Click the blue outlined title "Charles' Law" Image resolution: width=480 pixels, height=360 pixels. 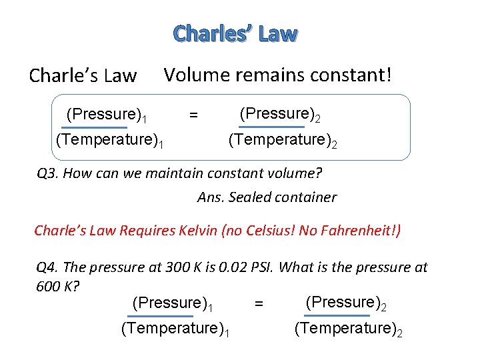pyautogui.click(x=235, y=34)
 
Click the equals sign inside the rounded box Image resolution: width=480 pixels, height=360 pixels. pyautogui.click(x=193, y=115)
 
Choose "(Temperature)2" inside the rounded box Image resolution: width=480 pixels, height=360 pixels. pyautogui.click(x=283, y=141)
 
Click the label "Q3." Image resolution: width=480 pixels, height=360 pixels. pyautogui.click(x=48, y=175)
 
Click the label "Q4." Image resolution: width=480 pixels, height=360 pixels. pyautogui.click(x=48, y=267)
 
